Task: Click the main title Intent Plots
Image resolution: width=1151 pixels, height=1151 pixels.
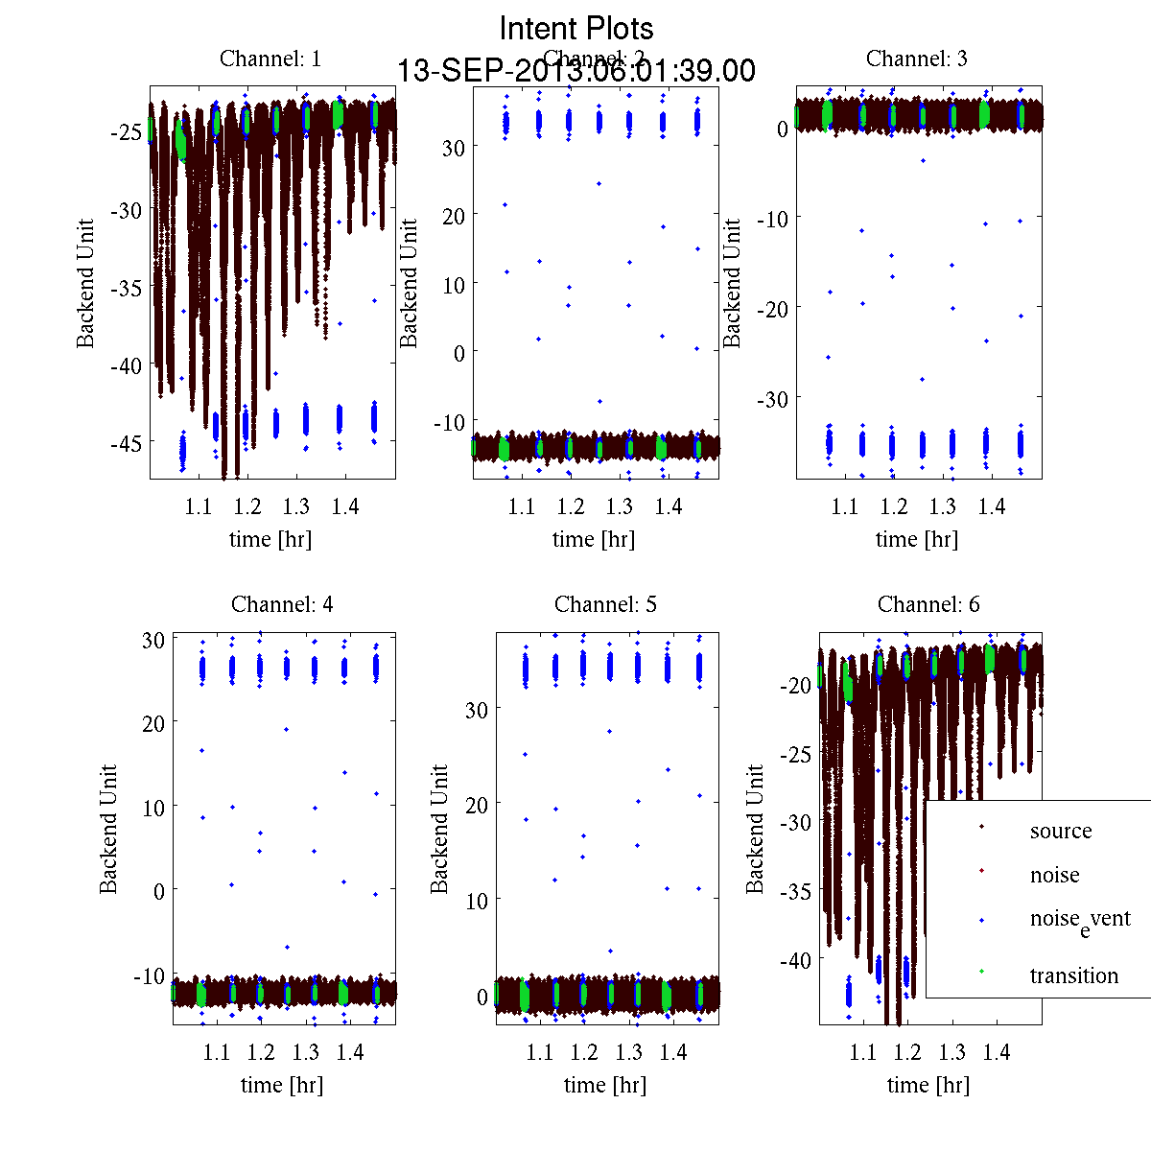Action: [576, 29]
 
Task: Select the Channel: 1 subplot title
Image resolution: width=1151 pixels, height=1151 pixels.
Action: [270, 59]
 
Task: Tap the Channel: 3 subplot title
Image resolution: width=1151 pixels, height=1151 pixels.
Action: [917, 59]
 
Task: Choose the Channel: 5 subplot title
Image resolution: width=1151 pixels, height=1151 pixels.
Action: [605, 605]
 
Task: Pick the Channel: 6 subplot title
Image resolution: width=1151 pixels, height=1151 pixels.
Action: [928, 605]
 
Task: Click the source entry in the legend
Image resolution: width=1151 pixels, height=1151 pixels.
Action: [1061, 832]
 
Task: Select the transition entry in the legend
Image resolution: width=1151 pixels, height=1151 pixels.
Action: [1073, 976]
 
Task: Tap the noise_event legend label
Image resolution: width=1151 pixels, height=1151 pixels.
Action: [1080, 920]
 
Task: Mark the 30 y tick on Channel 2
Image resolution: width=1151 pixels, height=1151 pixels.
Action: [453, 148]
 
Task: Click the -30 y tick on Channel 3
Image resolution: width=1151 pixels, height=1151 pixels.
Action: [774, 399]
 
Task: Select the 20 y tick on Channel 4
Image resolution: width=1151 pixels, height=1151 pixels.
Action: [153, 723]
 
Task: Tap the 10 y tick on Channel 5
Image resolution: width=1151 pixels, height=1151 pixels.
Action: [477, 902]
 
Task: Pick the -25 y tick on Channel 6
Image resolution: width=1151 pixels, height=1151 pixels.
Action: [798, 755]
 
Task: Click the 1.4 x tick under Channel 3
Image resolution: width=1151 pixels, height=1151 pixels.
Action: [992, 506]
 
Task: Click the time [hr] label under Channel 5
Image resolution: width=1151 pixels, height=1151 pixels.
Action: [605, 1086]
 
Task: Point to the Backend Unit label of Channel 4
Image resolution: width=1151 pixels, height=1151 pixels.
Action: [109, 830]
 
